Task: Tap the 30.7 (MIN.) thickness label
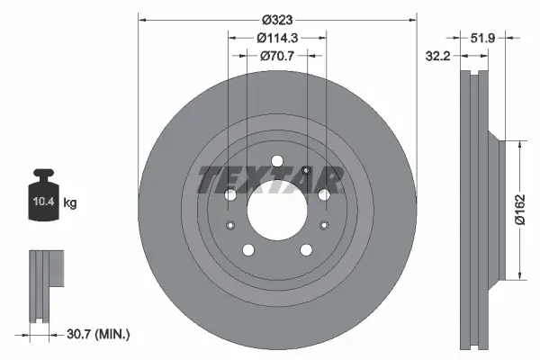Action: pyautogui.click(x=99, y=334)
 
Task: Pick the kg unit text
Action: pyautogui.click(x=70, y=203)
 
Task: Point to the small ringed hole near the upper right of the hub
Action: pyautogui.click(x=308, y=173)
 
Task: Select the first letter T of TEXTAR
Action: pyautogui.click(x=209, y=180)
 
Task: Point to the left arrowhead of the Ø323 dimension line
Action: pyautogui.click(x=140, y=19)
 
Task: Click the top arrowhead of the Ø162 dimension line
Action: pyautogui.click(x=519, y=142)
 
